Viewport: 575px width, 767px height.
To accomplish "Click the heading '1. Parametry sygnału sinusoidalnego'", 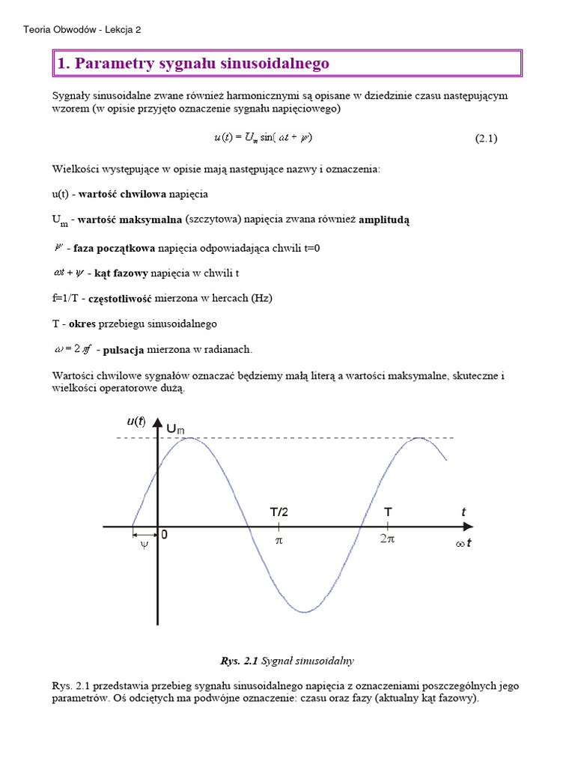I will [x=193, y=64].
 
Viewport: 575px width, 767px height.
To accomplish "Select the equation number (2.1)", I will [x=486, y=138].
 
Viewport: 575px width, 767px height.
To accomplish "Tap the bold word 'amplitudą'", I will [x=384, y=219].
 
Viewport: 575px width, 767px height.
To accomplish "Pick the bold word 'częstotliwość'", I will [x=120, y=298].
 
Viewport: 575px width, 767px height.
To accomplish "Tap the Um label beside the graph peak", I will [x=175, y=428].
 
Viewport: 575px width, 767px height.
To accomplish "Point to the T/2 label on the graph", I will [x=279, y=512].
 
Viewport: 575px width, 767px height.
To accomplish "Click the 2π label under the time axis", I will [x=387, y=539].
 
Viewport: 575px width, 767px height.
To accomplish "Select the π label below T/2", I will [x=279, y=539].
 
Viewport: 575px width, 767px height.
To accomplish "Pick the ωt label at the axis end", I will [x=463, y=544].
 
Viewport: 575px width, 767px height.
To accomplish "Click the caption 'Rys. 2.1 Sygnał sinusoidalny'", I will [x=287, y=661].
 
